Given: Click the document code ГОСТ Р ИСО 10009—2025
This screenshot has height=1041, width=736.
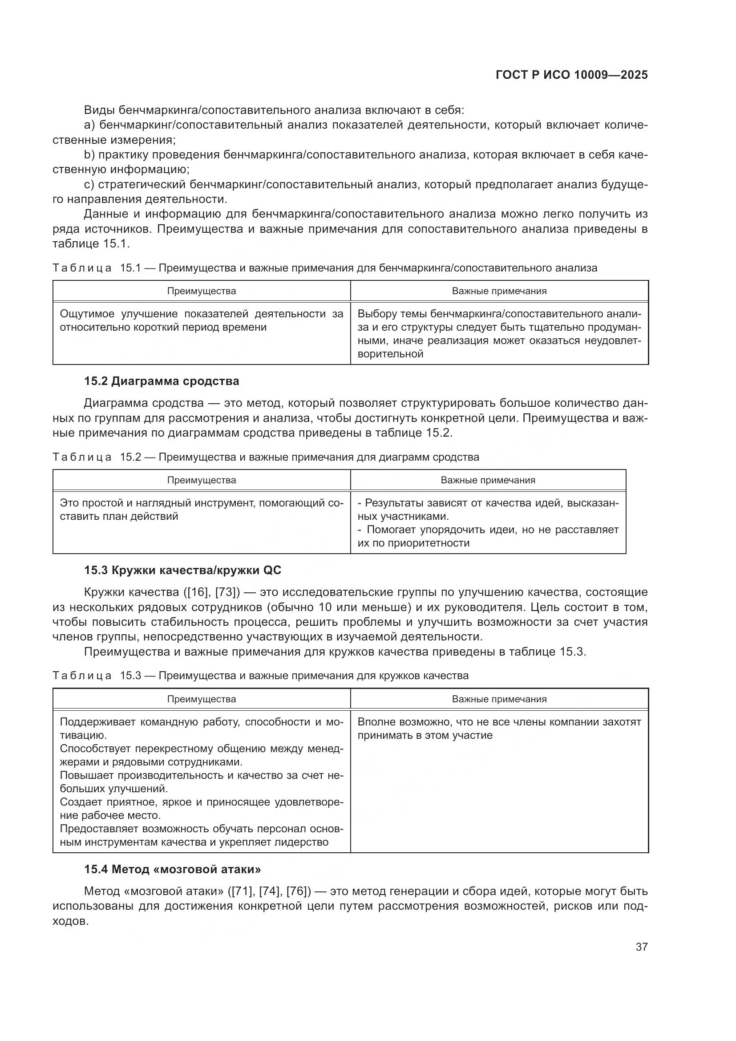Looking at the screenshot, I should (x=571, y=75).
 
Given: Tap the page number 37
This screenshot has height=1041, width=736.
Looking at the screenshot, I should (x=641, y=947).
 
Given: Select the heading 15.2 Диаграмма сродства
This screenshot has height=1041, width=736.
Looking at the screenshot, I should (x=162, y=381).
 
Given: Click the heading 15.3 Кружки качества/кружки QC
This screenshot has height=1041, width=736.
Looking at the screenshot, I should (x=182, y=570).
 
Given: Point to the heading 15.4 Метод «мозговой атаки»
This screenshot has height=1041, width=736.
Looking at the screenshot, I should (x=172, y=869).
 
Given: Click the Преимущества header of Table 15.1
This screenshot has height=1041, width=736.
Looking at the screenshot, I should (x=201, y=291).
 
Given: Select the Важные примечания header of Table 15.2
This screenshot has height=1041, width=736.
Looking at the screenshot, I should (x=488, y=480).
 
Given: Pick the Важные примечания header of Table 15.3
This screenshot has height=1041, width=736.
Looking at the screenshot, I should (x=499, y=699).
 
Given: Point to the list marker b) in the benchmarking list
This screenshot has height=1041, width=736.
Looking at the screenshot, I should (x=89, y=154).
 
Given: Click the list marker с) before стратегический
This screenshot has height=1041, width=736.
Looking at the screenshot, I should (x=89, y=185).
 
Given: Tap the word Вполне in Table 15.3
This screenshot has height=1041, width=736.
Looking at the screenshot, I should (x=374, y=722).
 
